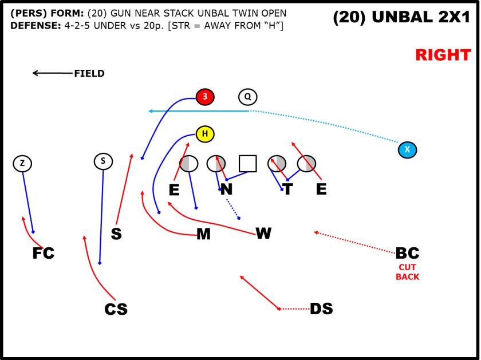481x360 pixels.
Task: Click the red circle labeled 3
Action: (205, 97)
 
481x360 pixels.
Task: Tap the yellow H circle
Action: (205, 134)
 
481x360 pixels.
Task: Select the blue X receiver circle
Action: (407, 150)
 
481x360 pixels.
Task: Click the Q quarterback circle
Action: (248, 97)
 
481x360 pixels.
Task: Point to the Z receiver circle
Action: (22, 164)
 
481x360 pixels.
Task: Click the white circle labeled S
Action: (103, 161)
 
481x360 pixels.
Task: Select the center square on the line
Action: (247, 164)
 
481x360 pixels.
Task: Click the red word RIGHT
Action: (443, 56)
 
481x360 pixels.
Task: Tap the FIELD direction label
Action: (89, 73)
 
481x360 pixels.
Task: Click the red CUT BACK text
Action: (407, 272)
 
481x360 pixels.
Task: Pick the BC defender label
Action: (407, 253)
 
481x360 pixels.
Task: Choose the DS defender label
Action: (321, 309)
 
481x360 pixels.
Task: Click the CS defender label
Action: (116, 309)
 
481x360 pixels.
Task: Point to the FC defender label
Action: (44, 253)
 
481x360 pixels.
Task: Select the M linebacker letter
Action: (203, 234)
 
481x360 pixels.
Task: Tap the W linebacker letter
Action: (263, 233)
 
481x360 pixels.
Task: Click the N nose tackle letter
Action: (226, 189)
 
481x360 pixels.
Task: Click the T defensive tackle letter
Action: (287, 189)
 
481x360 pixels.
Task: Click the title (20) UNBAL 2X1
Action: (401, 18)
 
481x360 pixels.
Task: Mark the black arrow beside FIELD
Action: (52, 73)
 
